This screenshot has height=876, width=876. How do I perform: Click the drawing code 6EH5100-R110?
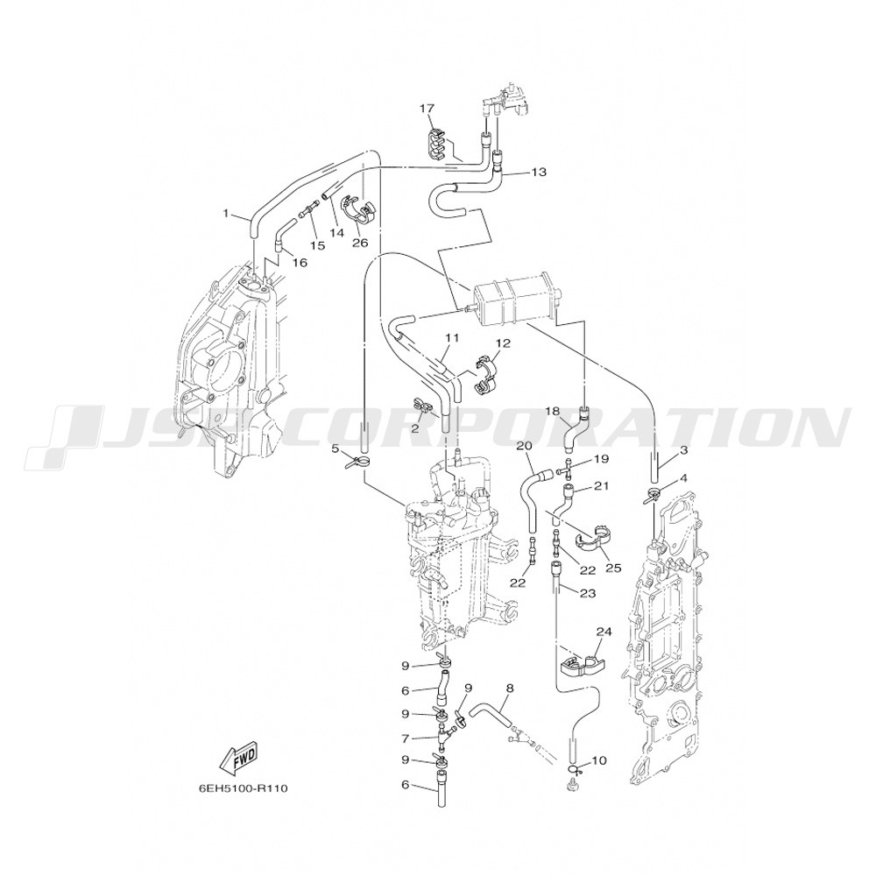coord(243,789)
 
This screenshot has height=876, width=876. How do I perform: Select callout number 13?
coord(539,172)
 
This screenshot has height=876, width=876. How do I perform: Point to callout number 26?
coord(360,244)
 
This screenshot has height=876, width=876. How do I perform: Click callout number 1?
coord(226,213)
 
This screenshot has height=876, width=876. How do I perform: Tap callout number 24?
coord(604,632)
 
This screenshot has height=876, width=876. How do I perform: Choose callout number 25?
coord(614,569)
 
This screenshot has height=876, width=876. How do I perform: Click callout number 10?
coord(598,760)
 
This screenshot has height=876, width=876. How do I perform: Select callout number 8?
coord(508,689)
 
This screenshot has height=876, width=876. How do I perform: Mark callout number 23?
coord(589,593)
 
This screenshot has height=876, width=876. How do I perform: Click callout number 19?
coord(601,459)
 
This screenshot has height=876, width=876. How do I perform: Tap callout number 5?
coord(336,448)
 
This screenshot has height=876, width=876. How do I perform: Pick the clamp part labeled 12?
coord(488,373)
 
